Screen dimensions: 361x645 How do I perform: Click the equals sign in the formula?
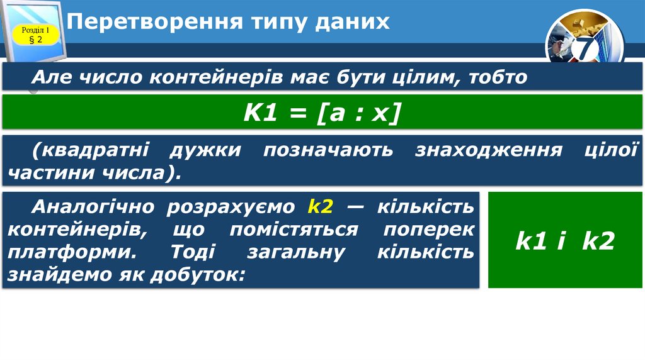click(299, 113)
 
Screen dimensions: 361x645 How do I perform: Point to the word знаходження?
click(488, 150)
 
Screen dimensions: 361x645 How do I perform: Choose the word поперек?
click(429, 230)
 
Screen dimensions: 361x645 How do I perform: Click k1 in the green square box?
click(530, 241)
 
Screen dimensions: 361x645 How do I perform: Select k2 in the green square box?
click(597, 241)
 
